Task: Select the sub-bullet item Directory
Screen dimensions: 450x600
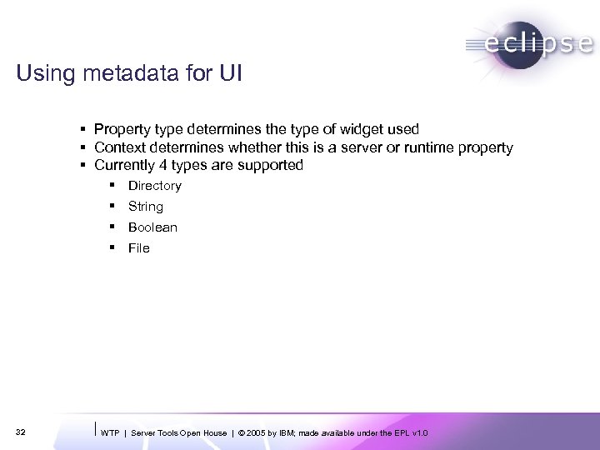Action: pyautogui.click(x=154, y=186)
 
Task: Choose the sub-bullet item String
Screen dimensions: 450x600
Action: pyautogui.click(x=145, y=207)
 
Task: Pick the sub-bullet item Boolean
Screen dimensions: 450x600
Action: pyautogui.click(x=152, y=227)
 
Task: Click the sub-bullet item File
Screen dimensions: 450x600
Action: pyautogui.click(x=138, y=248)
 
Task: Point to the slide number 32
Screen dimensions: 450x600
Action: pyautogui.click(x=21, y=432)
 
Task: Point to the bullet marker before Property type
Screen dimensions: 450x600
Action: pyautogui.click(x=84, y=129)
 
